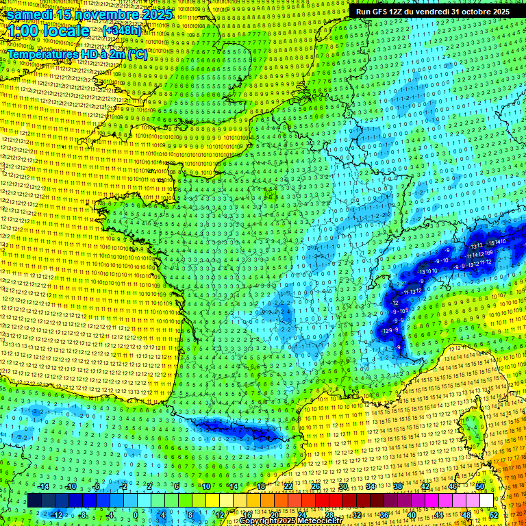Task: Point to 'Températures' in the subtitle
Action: click(42, 54)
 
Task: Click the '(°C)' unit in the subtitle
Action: click(136, 54)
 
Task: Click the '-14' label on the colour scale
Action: click(45, 486)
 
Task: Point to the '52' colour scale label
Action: click(494, 514)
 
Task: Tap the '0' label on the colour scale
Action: click(135, 514)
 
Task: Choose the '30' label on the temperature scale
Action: click(343, 486)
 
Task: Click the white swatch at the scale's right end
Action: click(486, 501)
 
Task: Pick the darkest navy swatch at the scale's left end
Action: click(34, 501)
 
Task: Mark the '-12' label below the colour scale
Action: click(58, 514)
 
